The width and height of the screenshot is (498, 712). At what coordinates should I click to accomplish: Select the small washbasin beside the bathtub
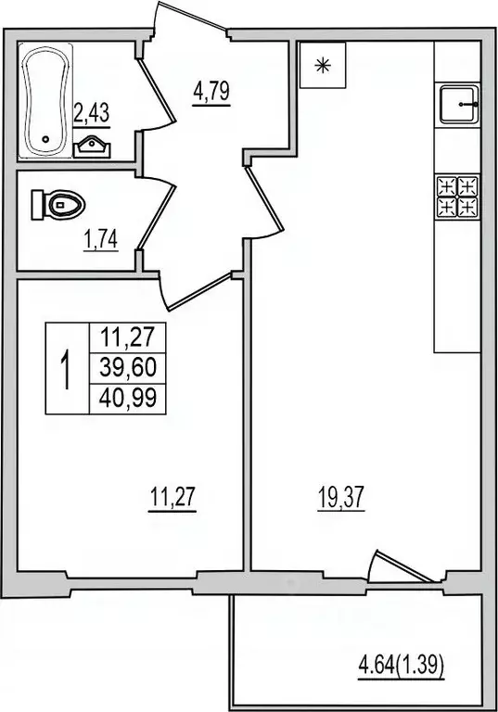tap(90, 145)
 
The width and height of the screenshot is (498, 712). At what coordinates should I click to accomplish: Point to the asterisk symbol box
tap(323, 65)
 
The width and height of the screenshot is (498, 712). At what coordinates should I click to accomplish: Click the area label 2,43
tap(91, 116)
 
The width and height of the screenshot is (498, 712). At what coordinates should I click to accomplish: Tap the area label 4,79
tap(211, 93)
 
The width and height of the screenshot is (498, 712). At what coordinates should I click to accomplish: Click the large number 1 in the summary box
tap(66, 368)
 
